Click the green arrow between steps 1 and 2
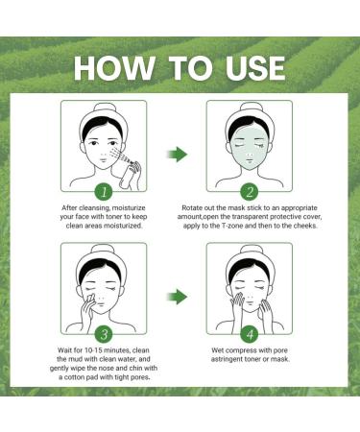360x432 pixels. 179,153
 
